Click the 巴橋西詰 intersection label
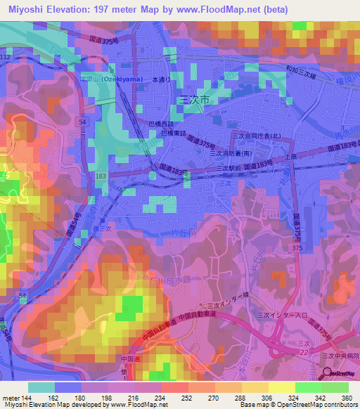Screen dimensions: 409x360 162,123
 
